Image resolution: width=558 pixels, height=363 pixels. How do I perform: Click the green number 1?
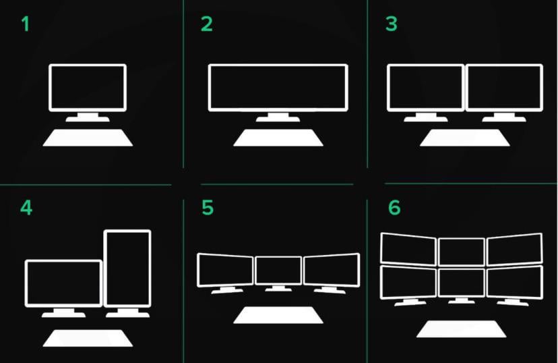coord(25,24)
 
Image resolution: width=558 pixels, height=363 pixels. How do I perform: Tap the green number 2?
coord(207,24)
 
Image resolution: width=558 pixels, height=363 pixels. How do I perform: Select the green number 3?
coord(391,24)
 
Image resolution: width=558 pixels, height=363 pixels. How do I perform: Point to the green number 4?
coord(26,208)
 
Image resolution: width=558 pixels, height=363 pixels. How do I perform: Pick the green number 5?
coord(208,208)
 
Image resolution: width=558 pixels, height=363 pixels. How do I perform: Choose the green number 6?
coord(394,208)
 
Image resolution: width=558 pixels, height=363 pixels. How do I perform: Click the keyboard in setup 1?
coord(88,138)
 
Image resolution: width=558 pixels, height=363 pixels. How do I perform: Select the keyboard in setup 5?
coord(278,315)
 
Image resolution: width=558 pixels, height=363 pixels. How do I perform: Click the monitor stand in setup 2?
coord(278,117)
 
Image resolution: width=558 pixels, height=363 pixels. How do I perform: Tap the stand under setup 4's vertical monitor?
coord(127,313)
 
